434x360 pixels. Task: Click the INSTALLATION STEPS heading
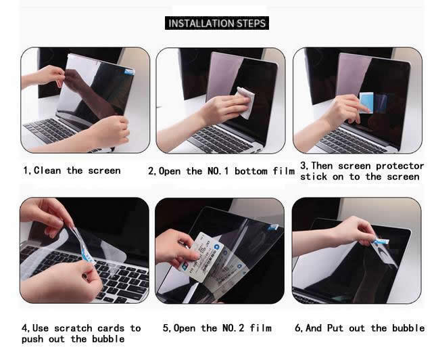point(217,24)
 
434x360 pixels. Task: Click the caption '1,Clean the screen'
point(72,171)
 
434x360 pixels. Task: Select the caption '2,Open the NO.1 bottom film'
point(221,171)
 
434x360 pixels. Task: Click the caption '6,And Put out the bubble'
point(360,328)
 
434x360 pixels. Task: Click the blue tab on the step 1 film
point(128,70)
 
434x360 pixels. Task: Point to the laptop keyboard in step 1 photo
point(54,130)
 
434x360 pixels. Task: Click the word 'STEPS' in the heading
point(251,24)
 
